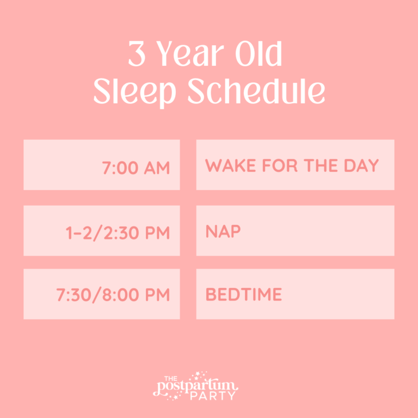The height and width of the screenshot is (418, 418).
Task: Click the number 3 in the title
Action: click(x=137, y=54)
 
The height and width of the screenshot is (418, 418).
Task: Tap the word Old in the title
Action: click(x=260, y=54)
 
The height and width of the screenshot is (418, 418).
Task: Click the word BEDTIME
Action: click(x=244, y=295)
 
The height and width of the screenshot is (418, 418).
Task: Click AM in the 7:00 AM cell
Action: click(x=157, y=168)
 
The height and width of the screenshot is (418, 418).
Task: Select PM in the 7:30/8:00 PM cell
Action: click(x=158, y=295)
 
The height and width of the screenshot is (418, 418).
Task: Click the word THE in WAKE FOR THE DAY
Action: click(x=320, y=165)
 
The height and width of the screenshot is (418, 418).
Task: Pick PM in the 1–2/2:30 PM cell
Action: click(x=158, y=233)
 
